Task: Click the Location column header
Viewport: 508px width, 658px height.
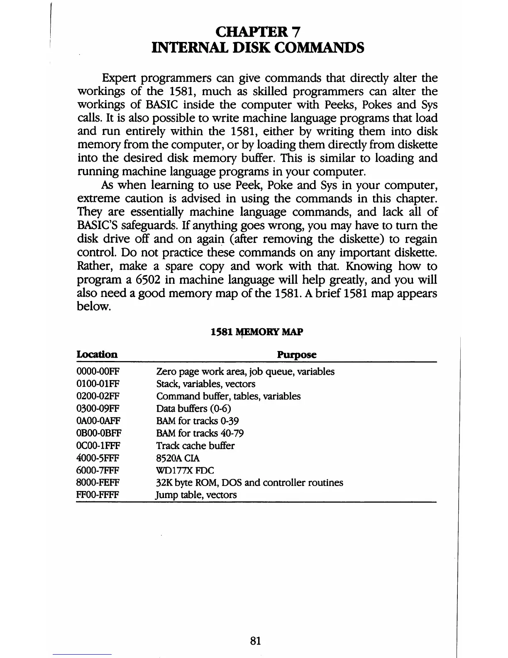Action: point(97,355)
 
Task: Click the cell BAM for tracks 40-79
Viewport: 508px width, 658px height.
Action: point(200,433)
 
